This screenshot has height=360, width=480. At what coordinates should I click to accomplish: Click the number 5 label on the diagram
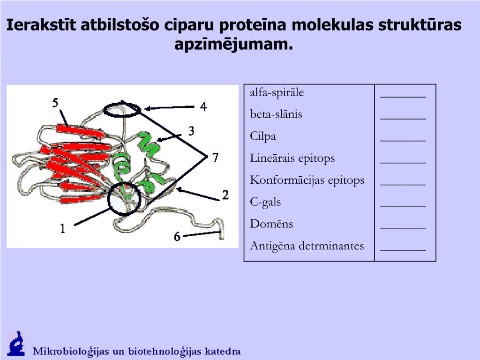55,103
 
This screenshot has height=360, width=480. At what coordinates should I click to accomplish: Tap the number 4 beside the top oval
203,107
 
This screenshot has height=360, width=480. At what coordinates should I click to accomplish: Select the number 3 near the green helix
191,131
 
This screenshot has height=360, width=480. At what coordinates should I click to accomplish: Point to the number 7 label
215,157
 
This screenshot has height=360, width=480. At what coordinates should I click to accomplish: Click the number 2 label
225,195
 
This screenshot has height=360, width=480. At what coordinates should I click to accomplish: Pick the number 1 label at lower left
62,228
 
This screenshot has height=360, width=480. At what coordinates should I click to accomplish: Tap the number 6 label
177,237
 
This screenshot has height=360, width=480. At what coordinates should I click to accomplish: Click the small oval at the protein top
121,110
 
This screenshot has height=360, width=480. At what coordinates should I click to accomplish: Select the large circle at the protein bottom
124,199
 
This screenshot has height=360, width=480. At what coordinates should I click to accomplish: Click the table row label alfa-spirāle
277,92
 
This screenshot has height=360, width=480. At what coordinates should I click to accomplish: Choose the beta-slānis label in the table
276,114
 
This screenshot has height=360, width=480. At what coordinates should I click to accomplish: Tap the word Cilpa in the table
263,136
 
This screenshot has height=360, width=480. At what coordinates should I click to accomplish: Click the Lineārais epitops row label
292,158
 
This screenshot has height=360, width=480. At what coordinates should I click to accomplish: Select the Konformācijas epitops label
307,180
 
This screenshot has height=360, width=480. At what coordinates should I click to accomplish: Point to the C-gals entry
265,202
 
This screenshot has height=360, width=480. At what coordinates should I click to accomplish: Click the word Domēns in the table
271,224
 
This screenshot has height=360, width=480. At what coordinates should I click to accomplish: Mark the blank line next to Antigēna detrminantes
403,249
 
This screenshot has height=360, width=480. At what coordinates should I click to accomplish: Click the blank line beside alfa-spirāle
403,96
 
